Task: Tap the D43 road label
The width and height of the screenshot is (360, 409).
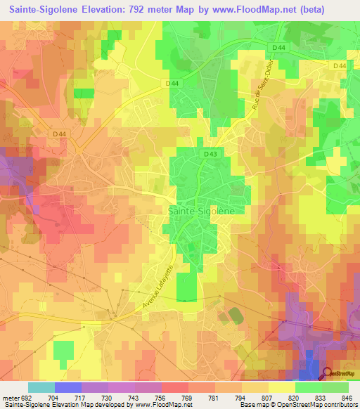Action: (210, 154)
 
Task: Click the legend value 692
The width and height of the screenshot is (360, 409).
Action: (26, 396)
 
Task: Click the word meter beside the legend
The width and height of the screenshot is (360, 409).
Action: (10, 396)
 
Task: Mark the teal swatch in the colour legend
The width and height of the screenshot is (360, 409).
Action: (41, 387)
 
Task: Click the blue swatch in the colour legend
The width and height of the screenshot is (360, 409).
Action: (67, 387)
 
